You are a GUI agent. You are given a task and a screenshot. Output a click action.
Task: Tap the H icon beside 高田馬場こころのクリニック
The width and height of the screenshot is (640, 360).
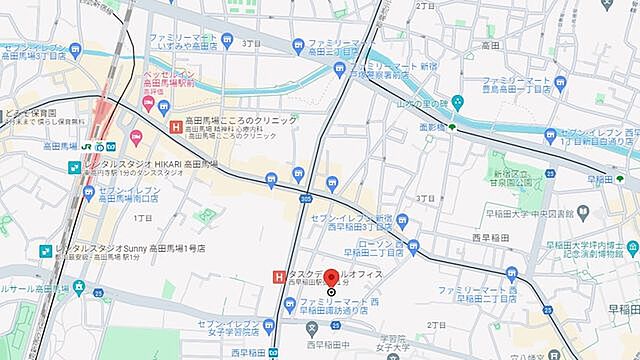tap(176, 126)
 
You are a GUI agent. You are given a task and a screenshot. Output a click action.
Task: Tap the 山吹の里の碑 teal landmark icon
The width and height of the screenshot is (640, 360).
tap(457, 101)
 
